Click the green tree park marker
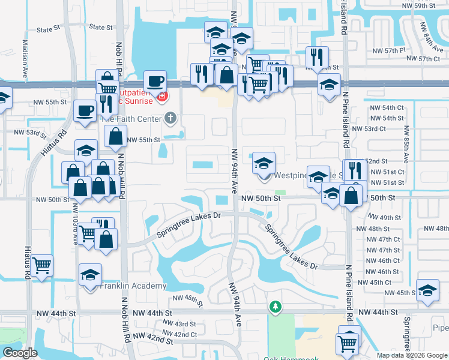point(275,307)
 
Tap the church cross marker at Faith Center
point(170,118)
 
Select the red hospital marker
point(161,96)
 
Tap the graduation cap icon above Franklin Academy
point(91,275)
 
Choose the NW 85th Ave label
point(406,144)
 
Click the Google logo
point(20,353)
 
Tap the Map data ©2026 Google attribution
point(412,355)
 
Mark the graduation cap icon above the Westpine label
point(264,163)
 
